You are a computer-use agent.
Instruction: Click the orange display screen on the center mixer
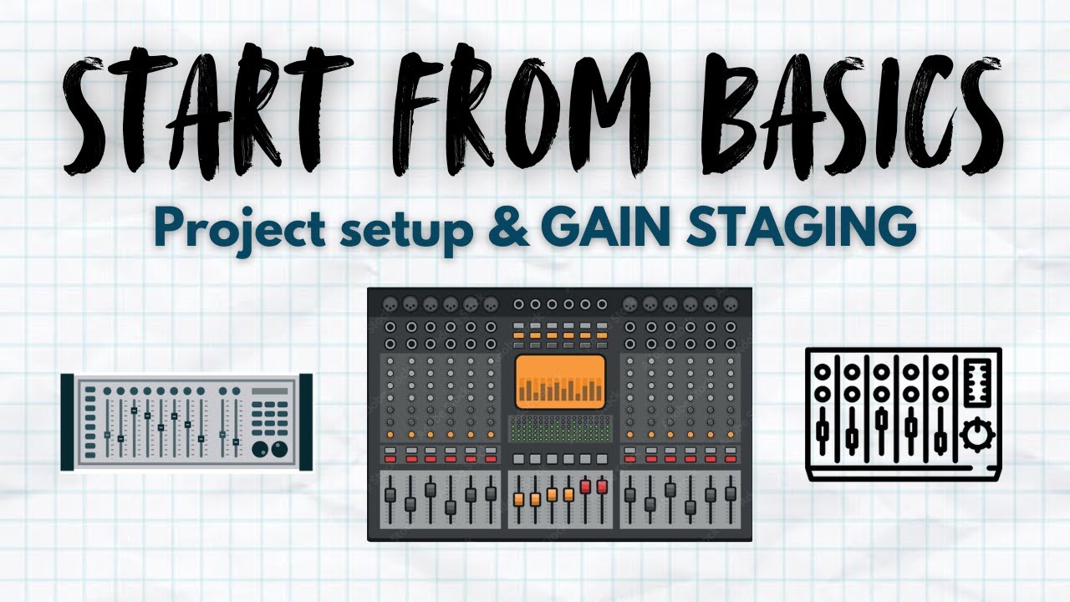click(560, 381)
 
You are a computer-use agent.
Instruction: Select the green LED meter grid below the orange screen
click(560, 429)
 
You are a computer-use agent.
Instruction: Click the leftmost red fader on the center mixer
click(584, 487)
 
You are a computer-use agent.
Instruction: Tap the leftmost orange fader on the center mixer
click(518, 500)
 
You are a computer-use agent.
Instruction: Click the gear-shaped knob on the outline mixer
click(973, 436)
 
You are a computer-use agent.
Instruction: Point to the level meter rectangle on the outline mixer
click(976, 384)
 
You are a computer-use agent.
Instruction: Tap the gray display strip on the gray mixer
click(268, 390)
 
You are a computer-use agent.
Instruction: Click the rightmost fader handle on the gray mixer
click(236, 441)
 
